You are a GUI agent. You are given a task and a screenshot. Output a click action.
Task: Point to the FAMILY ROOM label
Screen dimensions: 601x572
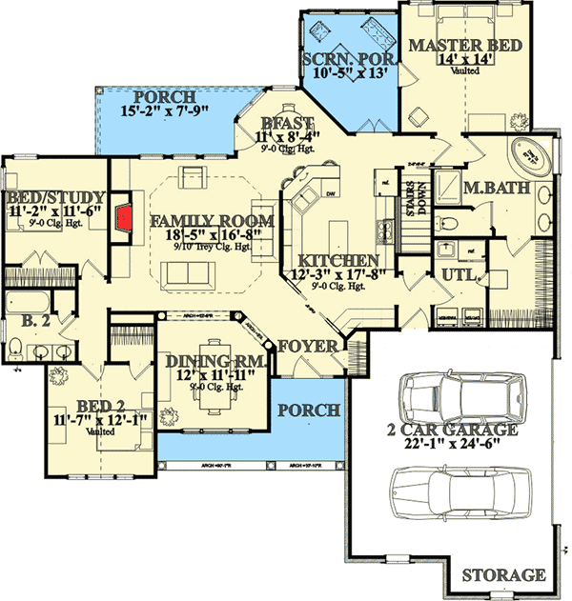pos(213,222)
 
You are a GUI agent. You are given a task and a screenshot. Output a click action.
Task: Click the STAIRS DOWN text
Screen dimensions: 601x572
pos(415,193)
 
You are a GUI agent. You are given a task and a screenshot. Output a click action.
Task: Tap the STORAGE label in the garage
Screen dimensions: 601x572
pos(503,575)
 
